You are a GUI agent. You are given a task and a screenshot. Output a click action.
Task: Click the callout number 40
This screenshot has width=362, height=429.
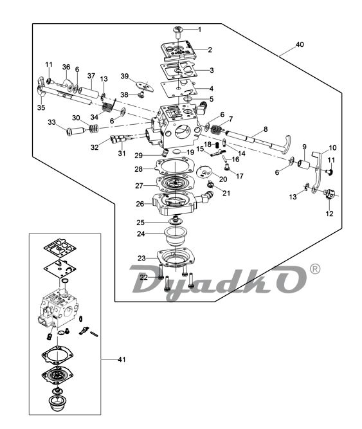(300, 44)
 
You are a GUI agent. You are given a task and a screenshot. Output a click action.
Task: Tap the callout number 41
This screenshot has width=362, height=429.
(122, 360)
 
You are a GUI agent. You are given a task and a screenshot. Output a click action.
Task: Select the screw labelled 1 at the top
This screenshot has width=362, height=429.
(178, 32)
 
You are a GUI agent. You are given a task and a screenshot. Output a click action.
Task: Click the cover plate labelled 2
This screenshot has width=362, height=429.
(178, 51)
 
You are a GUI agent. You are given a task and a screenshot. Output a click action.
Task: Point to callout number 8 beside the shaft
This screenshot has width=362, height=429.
(266, 129)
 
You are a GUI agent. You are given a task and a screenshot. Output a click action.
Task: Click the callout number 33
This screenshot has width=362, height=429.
(51, 122)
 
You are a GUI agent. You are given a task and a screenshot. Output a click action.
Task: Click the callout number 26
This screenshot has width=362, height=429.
(140, 204)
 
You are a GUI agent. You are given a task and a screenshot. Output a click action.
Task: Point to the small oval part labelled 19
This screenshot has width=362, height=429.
(177, 152)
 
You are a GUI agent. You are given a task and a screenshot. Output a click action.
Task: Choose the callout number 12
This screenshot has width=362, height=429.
(329, 214)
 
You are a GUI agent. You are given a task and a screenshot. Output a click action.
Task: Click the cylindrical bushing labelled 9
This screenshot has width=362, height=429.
(303, 165)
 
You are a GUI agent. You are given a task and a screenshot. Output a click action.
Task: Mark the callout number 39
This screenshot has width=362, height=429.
(125, 76)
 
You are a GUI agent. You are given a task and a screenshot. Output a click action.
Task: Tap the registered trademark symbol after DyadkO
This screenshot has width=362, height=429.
(314, 269)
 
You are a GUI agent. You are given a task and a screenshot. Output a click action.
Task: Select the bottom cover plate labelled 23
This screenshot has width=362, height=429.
(176, 257)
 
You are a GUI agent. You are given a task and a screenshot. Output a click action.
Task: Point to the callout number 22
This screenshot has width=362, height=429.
(143, 277)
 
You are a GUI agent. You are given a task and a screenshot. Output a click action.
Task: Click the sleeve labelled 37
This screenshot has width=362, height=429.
(89, 92)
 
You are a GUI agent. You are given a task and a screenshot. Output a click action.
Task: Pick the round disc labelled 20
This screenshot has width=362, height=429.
(204, 172)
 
